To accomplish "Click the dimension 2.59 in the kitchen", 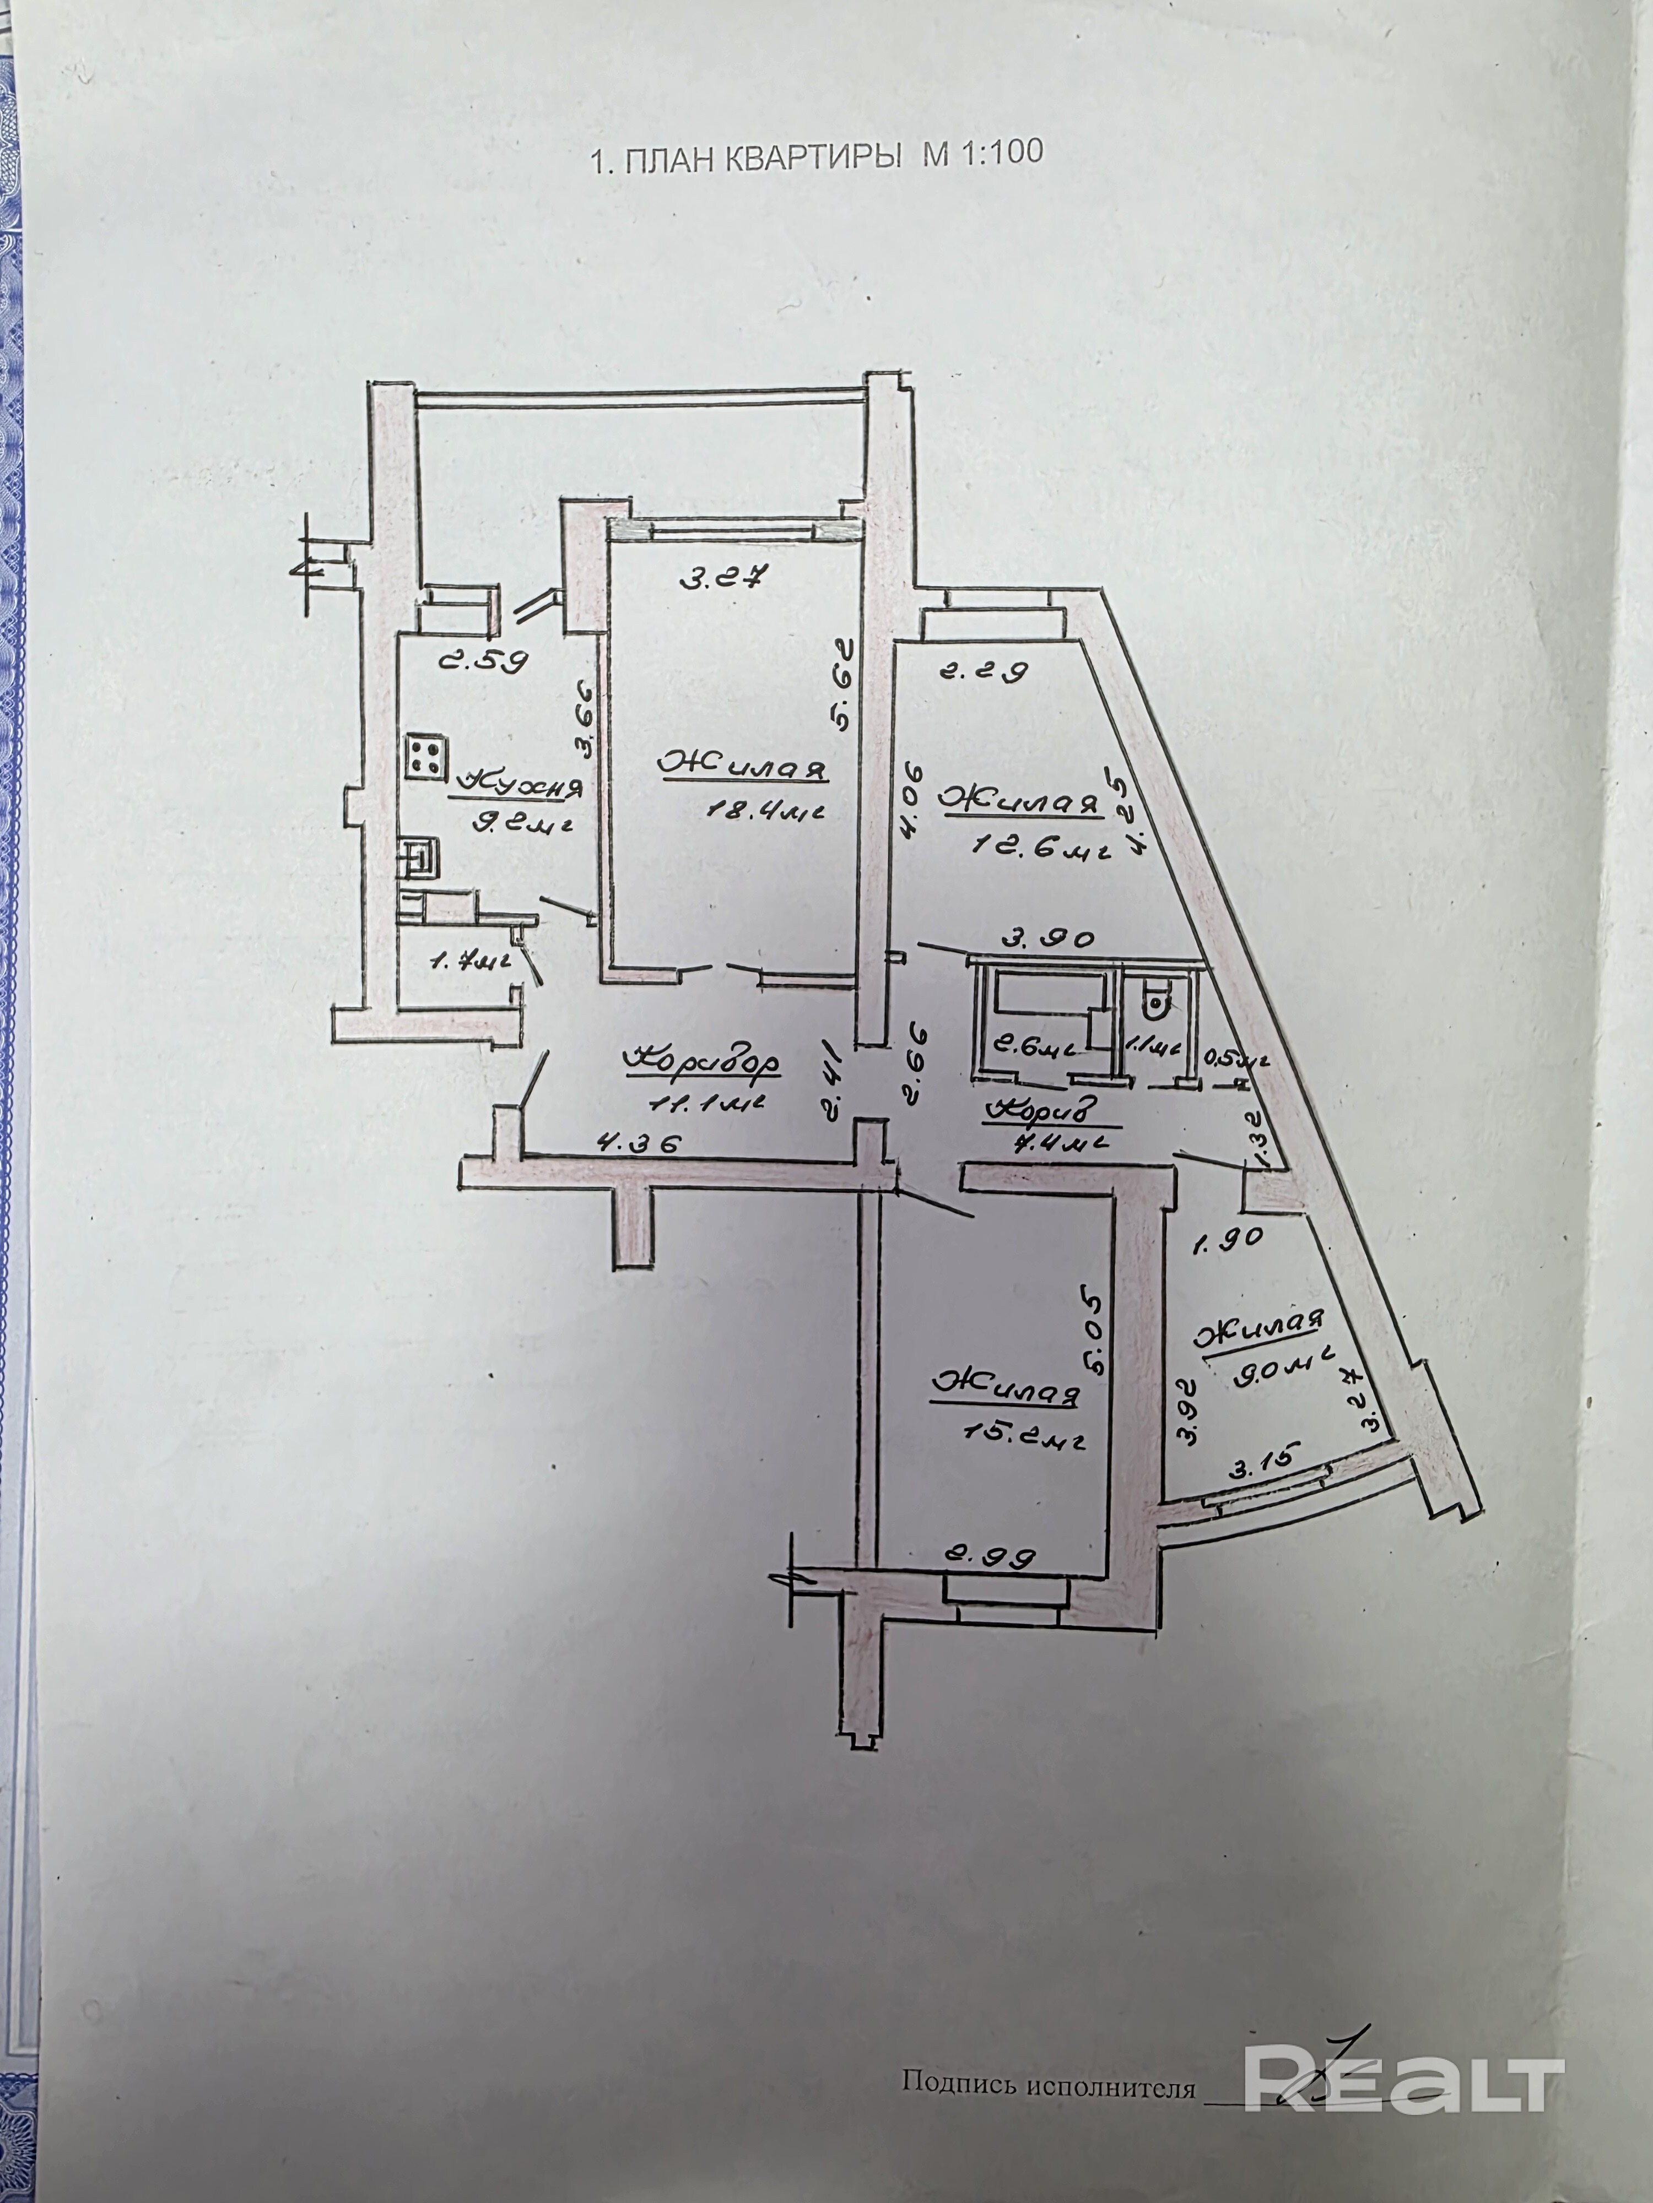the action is [x=483, y=661].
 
